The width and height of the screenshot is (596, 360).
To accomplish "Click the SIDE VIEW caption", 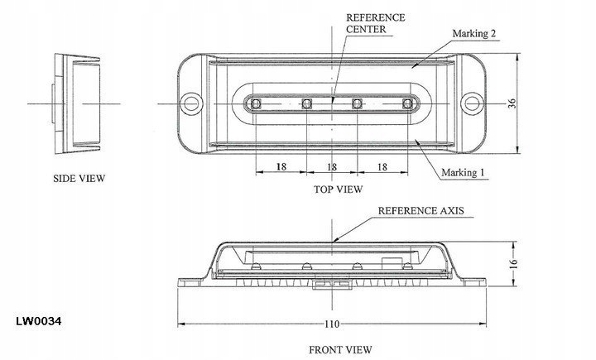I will [x=79, y=178].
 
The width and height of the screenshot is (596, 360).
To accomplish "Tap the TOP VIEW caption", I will [x=338, y=190].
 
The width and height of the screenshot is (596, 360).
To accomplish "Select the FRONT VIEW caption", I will [x=341, y=349].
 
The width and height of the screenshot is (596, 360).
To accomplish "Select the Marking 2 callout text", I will [x=474, y=34].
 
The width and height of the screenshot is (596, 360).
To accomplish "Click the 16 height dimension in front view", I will [x=513, y=263].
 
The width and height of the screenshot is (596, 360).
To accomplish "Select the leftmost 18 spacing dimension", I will [x=281, y=166].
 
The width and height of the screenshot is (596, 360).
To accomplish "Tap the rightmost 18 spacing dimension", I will [x=382, y=166].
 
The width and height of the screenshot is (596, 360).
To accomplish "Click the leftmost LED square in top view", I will [x=256, y=103].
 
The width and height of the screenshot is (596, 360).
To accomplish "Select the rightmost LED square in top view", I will [x=407, y=103].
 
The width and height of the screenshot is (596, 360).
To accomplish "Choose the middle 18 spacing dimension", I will [x=332, y=166].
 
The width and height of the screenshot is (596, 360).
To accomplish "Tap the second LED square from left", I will [x=306, y=103].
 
